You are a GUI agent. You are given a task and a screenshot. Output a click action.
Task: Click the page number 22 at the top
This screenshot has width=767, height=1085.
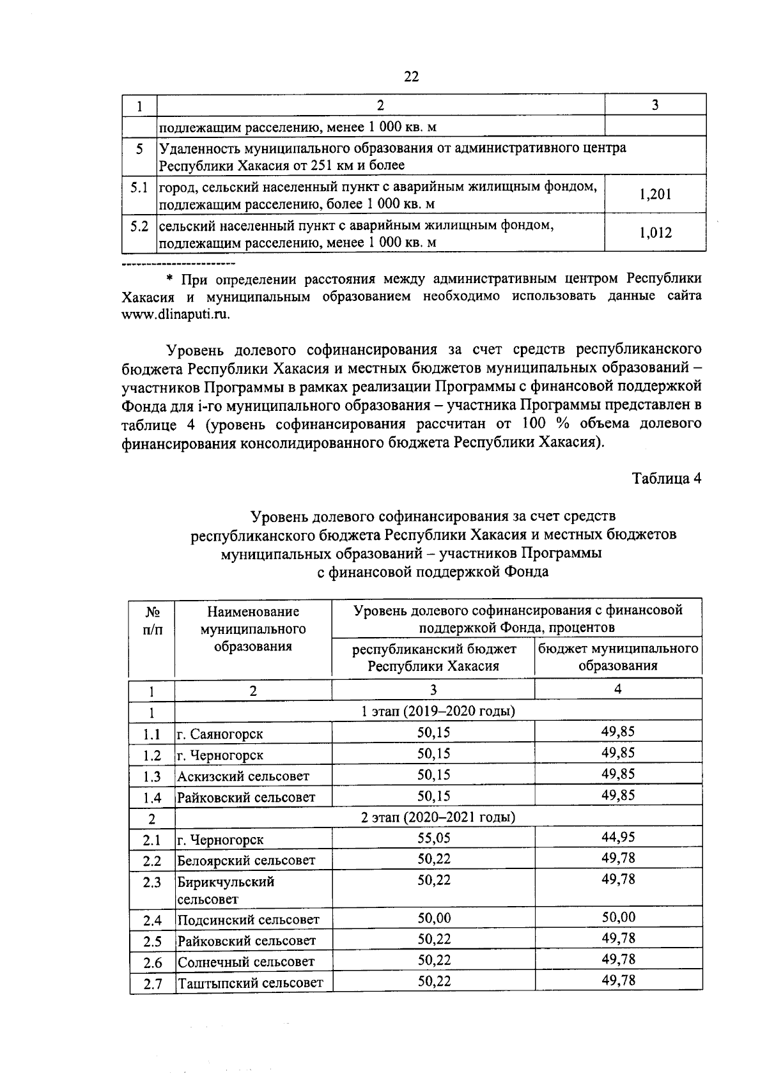412,77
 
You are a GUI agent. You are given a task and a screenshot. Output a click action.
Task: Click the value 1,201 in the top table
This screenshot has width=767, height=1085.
655,194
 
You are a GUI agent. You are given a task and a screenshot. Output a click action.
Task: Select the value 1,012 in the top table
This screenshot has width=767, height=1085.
655,233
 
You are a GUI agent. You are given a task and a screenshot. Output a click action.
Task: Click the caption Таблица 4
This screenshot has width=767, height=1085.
667,479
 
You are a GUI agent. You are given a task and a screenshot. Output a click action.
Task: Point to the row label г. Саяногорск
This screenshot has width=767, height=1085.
220,734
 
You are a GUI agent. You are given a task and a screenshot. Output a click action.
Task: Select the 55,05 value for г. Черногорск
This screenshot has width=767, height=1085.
433,838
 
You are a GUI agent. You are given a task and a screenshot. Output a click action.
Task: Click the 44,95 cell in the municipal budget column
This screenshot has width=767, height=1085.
617,836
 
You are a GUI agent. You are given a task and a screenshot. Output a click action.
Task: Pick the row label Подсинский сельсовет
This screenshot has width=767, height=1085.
248,920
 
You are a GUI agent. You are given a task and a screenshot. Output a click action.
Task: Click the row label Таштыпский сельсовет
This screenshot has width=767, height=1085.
250,983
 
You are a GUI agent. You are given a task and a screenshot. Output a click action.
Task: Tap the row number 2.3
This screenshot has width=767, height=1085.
152,882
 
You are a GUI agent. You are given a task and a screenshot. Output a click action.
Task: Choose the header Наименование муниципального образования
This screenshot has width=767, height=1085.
253,629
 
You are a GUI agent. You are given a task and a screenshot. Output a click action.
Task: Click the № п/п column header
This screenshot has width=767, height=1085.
152,620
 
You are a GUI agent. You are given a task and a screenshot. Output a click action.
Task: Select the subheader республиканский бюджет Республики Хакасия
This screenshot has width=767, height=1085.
433,658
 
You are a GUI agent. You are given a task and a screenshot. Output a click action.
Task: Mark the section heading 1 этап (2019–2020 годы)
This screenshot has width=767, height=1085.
438,711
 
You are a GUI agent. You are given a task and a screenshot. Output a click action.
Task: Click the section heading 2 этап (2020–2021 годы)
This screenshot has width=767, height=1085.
438,817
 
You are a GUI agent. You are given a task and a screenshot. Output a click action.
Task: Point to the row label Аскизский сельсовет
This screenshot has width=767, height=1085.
243,776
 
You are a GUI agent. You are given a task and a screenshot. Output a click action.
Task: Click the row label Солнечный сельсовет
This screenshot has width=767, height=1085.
246,962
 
